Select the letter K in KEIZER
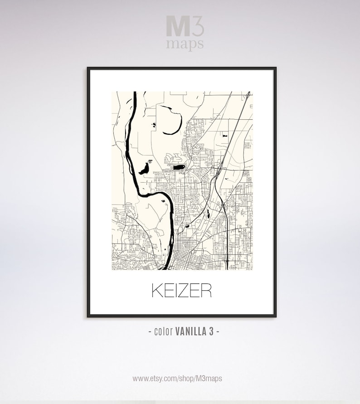tap(156, 291)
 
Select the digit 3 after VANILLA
tap(211, 331)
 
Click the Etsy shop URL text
tap(177, 378)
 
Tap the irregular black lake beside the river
tap(145, 168)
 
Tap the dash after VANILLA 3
tap(219, 331)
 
